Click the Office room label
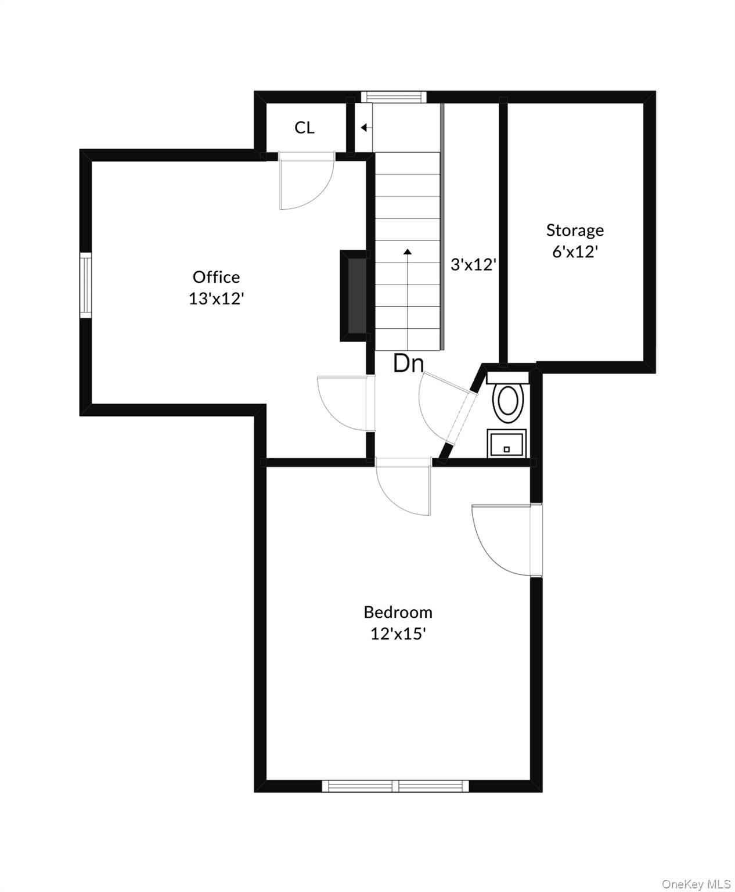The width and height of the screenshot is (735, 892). pos(216,277)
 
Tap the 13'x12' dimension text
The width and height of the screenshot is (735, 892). pos(216,299)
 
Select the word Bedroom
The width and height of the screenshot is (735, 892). pos(398,612)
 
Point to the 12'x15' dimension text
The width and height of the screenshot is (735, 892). pos(398,634)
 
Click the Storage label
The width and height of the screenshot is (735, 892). pos(575,231)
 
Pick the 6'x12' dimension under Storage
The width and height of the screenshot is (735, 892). pos(575,252)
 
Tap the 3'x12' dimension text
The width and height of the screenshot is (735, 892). pos(473,265)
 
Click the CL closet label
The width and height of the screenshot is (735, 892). pos(304,128)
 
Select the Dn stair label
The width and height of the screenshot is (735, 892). pos(408,364)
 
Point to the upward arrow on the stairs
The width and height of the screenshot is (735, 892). pos(408,251)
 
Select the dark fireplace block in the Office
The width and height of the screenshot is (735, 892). pos(355,296)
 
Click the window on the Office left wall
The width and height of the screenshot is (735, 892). pos(86,285)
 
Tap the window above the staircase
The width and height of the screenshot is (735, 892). pos(394,97)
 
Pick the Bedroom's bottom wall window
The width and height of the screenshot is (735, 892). pos(395,786)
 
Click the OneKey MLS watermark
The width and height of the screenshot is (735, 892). pos(696,884)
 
